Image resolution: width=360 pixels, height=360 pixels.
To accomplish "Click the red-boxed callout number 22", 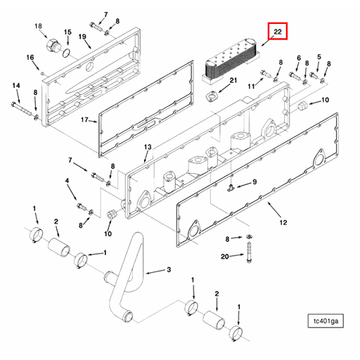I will coord(277,32).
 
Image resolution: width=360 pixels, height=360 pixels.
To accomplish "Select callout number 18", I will coord(39,26).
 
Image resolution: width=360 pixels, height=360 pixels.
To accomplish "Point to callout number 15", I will coord(67,32).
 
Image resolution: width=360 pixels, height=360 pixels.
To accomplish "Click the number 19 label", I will coord(82,36).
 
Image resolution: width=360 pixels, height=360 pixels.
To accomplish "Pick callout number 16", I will coord(30,57).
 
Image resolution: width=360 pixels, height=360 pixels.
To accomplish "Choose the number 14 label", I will coord(15,86).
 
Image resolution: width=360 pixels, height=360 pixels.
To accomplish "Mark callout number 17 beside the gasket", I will coord(84,120).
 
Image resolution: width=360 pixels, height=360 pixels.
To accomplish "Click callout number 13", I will coord(147,147).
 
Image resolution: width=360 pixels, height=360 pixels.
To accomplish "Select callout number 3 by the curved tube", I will coord(168,269).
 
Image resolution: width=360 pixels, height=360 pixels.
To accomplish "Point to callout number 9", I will coord(255,182).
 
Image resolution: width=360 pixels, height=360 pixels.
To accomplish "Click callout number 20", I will coord(224,257).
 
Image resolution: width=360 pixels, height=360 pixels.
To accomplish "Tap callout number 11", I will coord(250,85).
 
